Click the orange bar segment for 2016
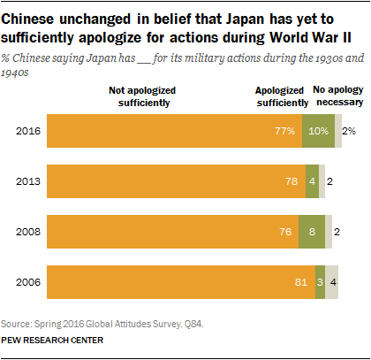[175, 131]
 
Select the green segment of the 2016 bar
[319, 131]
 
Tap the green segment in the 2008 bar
[312, 232]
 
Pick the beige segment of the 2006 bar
[331, 282]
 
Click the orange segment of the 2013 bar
[177, 181]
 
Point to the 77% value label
[285, 131]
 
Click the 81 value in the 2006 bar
[301, 282]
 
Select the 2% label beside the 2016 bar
[349, 131]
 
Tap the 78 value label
[291, 181]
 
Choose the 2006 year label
[28, 282]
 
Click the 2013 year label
[28, 181]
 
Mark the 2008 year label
[28, 232]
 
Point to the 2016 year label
[28, 131]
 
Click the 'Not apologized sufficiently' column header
[142, 96]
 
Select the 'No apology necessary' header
[338, 96]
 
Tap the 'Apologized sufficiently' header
[282, 96]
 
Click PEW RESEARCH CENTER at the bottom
[52, 341]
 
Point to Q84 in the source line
[194, 325]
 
